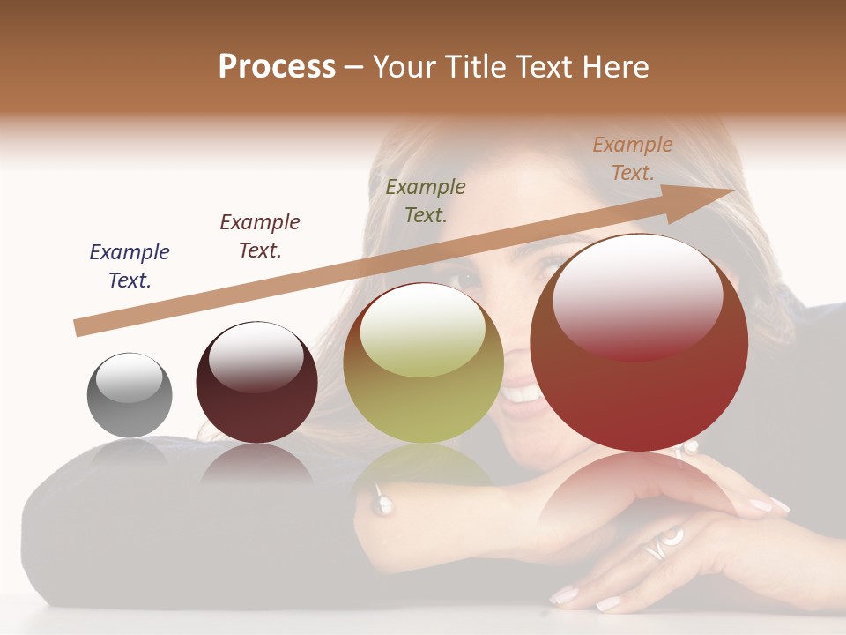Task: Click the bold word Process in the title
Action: click(x=277, y=67)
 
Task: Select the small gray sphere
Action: click(x=130, y=396)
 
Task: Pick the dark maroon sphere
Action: click(x=256, y=383)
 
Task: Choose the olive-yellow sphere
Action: click(x=423, y=363)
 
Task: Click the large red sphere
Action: click(x=639, y=344)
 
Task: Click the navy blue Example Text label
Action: click(x=130, y=266)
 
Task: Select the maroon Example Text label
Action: click(x=260, y=236)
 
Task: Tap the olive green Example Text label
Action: click(x=426, y=200)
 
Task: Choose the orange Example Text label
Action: click(x=633, y=159)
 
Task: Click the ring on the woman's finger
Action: click(x=658, y=545)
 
